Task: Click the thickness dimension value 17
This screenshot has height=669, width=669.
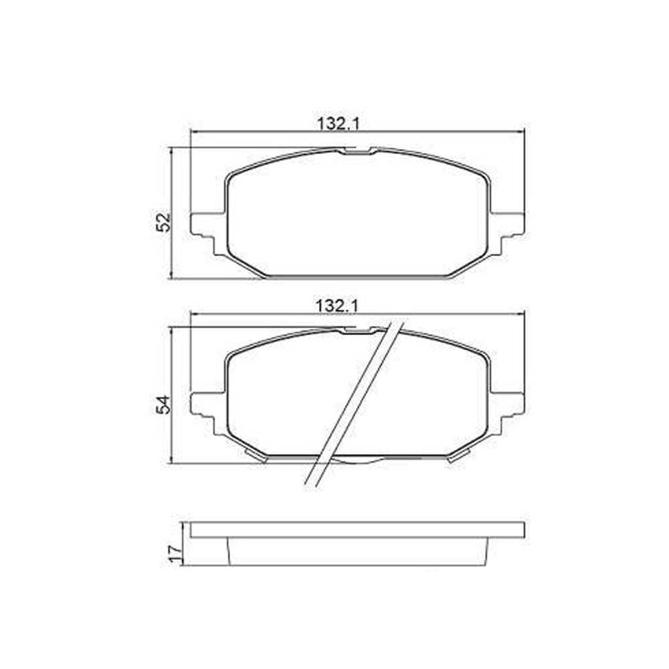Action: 175,552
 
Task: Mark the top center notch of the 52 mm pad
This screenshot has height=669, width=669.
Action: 357,151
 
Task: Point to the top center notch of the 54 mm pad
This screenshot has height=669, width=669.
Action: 357,330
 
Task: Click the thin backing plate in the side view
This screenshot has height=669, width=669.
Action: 357,530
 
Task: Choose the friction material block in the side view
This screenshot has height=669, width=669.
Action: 357,551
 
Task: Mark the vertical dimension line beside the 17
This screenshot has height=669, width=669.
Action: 183,543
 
